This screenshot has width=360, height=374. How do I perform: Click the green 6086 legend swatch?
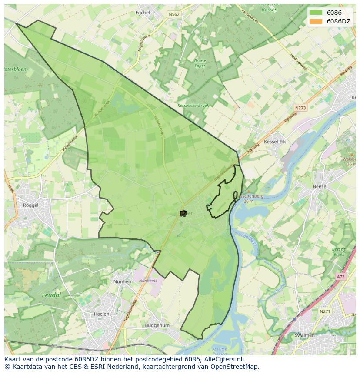[x=316, y=13]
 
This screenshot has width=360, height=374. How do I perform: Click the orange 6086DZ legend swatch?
[x=316, y=21]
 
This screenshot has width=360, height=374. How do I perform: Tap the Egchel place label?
[x=143, y=13]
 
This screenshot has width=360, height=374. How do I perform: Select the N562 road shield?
[x=174, y=14]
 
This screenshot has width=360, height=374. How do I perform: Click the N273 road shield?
[x=300, y=108]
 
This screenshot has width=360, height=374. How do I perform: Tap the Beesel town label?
[x=320, y=186]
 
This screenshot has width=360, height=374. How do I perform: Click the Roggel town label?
[x=30, y=205]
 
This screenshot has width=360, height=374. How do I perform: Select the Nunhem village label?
[x=123, y=281]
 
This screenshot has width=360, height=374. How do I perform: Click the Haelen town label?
[x=101, y=314]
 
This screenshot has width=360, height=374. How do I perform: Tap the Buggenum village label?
[x=157, y=325]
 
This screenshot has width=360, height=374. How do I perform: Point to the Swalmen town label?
[x=304, y=335]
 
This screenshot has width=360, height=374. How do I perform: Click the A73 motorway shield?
[x=340, y=277]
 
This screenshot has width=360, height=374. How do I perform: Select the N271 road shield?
[x=324, y=311]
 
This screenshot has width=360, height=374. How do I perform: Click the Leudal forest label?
[x=51, y=295]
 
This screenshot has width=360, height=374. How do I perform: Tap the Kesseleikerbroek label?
[x=193, y=106]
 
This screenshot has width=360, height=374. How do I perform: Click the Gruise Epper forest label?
[x=200, y=63]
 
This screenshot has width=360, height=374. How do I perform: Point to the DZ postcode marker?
[x=183, y=213]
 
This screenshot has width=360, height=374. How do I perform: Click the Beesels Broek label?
[x=338, y=252]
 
